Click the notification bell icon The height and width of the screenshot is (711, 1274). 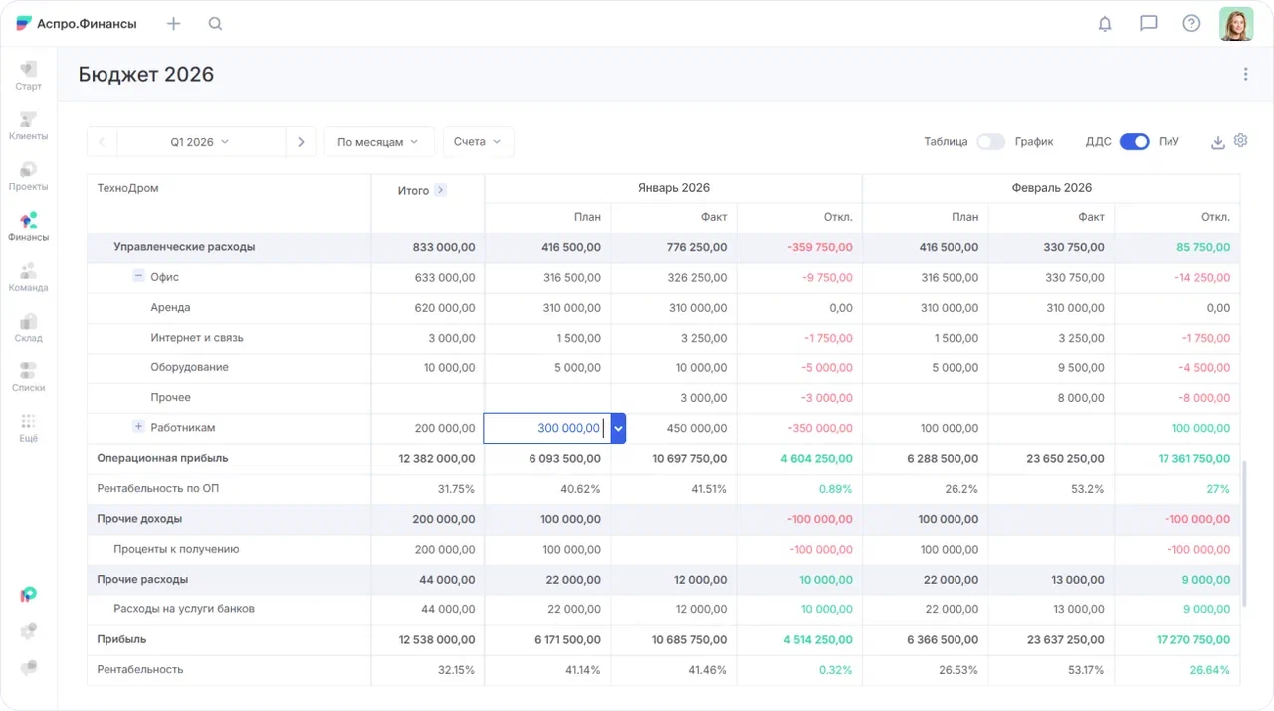[1105, 24]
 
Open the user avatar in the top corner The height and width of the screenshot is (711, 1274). [1236, 24]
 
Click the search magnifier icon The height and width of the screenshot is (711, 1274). [215, 24]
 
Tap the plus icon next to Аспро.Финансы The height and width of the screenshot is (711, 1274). [174, 24]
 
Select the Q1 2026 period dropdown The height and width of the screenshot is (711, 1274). [200, 142]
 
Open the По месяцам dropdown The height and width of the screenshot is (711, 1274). [378, 142]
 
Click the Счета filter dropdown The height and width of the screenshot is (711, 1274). [478, 142]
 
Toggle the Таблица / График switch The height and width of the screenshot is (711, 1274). [990, 142]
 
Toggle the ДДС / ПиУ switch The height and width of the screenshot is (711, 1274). [1134, 142]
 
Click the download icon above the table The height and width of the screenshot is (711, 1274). [1217, 142]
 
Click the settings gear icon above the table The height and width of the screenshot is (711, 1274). [1240, 141]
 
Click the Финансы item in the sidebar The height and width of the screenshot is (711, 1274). [28, 226]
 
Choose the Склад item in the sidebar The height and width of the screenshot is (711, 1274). [28, 327]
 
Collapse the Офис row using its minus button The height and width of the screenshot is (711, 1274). [139, 277]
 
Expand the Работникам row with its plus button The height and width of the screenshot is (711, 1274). [139, 427]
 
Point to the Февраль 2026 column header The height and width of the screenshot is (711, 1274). [1051, 188]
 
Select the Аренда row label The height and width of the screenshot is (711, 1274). [170, 308]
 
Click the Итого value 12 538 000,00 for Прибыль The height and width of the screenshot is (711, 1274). [436, 639]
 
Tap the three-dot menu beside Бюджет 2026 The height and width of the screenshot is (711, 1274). [1245, 74]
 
